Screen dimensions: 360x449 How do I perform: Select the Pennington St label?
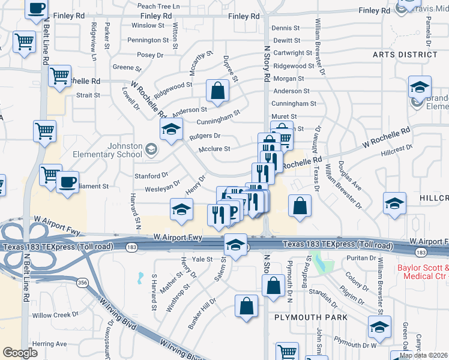pyautogui.click(x=148, y=41)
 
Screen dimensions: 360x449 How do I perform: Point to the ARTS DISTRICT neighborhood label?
pyautogui.click(x=405, y=55)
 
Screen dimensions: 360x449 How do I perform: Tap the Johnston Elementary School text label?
pyautogui.click(x=107, y=150)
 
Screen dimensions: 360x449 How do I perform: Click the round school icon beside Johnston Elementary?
pyautogui.click(x=151, y=149)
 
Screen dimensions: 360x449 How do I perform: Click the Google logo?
pyautogui.click(x=20, y=352)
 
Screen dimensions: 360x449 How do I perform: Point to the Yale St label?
pyautogui.click(x=202, y=259)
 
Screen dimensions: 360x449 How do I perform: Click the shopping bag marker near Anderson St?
pyautogui.click(x=217, y=91)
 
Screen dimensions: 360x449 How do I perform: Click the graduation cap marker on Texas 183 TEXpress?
pyautogui.click(x=236, y=244)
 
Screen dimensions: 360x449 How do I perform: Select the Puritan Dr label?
pyautogui.click(x=362, y=258)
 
